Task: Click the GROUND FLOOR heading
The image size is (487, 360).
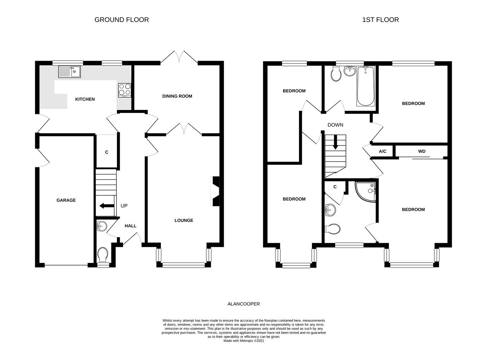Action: pos(122,20)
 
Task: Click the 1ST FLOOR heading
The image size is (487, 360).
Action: pos(380,20)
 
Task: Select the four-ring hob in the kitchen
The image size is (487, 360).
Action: pos(124,90)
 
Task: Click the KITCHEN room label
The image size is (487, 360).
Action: pos(85,99)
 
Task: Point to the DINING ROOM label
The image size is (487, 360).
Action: pos(177,96)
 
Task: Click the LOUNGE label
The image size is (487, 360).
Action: pos(184,220)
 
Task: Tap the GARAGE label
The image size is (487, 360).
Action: pos(66,200)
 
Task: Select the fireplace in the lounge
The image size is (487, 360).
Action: pos(215,191)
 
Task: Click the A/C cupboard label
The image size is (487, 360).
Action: pos(382,152)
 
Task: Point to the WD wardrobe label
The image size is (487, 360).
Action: pos(421,152)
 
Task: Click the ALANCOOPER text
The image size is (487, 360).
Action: pos(243,304)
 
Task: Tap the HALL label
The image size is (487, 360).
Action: pos(131,226)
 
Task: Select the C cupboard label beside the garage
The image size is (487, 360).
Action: pos(106,152)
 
